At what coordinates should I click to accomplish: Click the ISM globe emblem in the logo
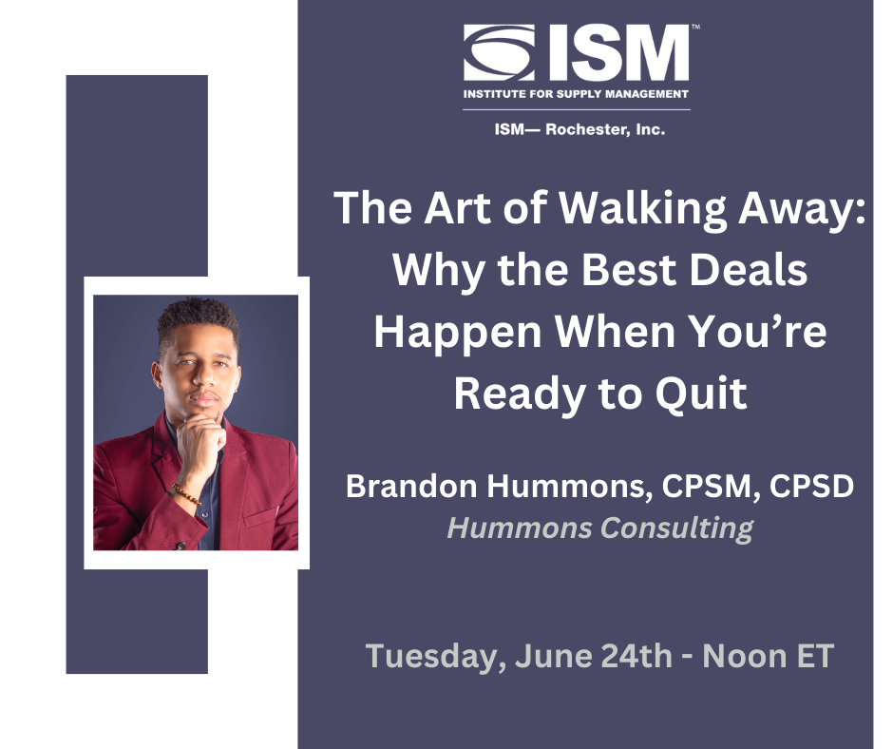point(499,52)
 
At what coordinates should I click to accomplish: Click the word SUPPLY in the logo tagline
point(578,94)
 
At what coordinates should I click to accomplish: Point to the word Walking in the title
point(642,208)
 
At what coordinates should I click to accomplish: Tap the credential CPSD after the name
point(811,487)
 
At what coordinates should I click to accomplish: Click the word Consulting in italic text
point(676,528)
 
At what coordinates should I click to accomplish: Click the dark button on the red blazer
point(180,546)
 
